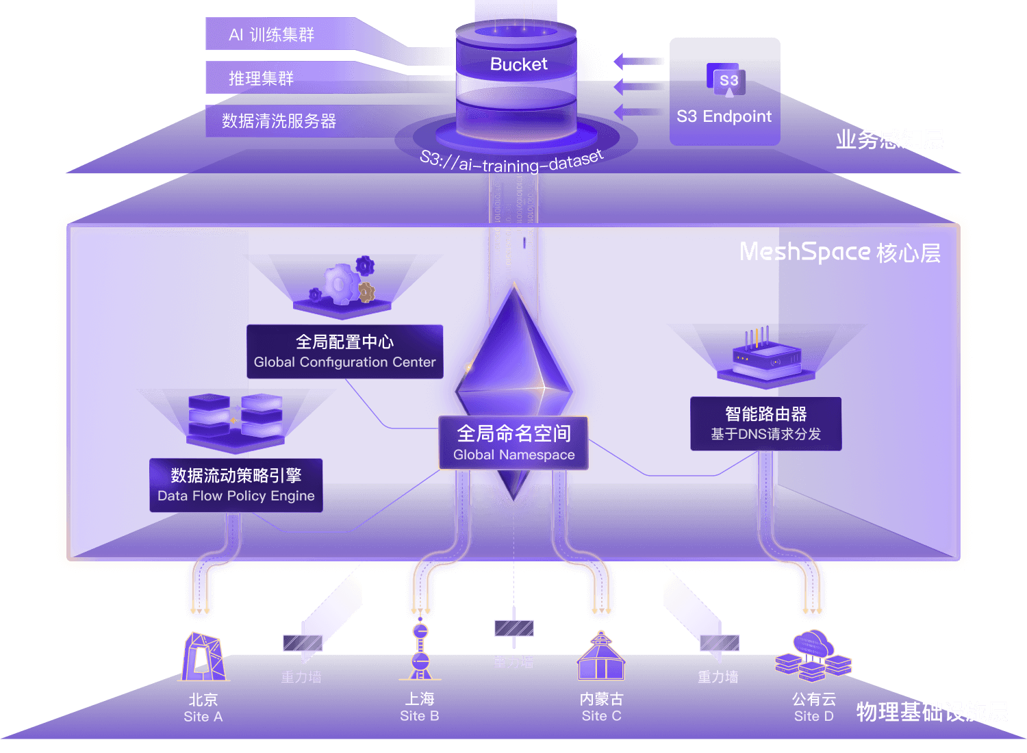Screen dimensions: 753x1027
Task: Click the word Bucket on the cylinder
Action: coord(518,64)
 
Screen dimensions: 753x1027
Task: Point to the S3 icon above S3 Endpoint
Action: coord(728,81)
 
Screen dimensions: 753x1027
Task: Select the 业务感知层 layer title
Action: coord(889,140)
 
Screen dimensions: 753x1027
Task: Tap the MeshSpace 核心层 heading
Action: coord(839,252)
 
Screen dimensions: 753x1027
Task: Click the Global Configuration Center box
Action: coord(344,351)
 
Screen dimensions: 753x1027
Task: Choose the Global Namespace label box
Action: coord(513,443)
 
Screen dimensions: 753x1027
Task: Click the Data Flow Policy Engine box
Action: coord(236,485)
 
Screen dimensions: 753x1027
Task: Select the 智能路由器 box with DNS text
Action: coord(765,423)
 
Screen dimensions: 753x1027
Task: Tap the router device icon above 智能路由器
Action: coord(765,356)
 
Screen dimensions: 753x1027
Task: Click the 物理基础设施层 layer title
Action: coord(931,712)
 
